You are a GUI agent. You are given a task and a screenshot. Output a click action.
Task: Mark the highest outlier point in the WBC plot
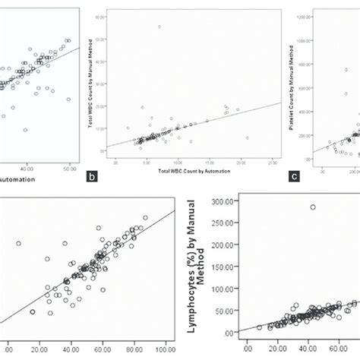pyautogui.click(x=159, y=27)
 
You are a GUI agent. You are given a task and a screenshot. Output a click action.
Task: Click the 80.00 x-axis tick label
pyautogui.click(x=134, y=349)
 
